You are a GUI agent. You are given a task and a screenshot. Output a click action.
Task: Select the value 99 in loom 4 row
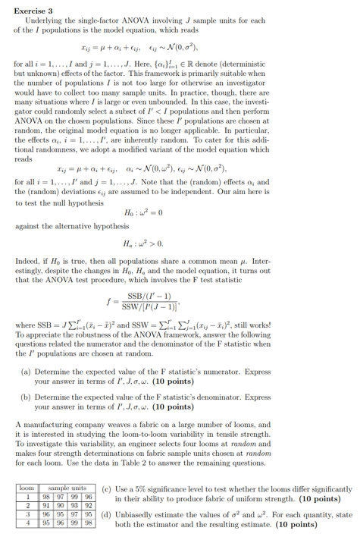click(x=76, y=523)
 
